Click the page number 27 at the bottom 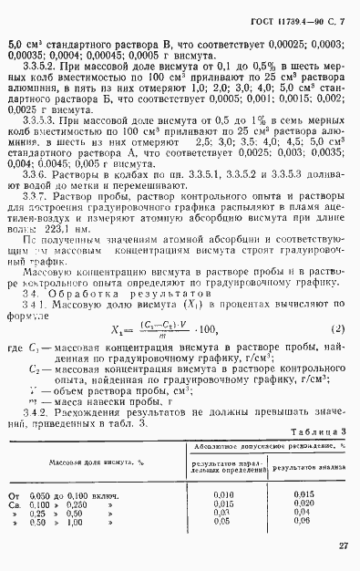pos(342,546)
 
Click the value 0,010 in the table pos(223,493)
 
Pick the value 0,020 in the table pos(303,503)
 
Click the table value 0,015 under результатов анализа pos(303,493)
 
